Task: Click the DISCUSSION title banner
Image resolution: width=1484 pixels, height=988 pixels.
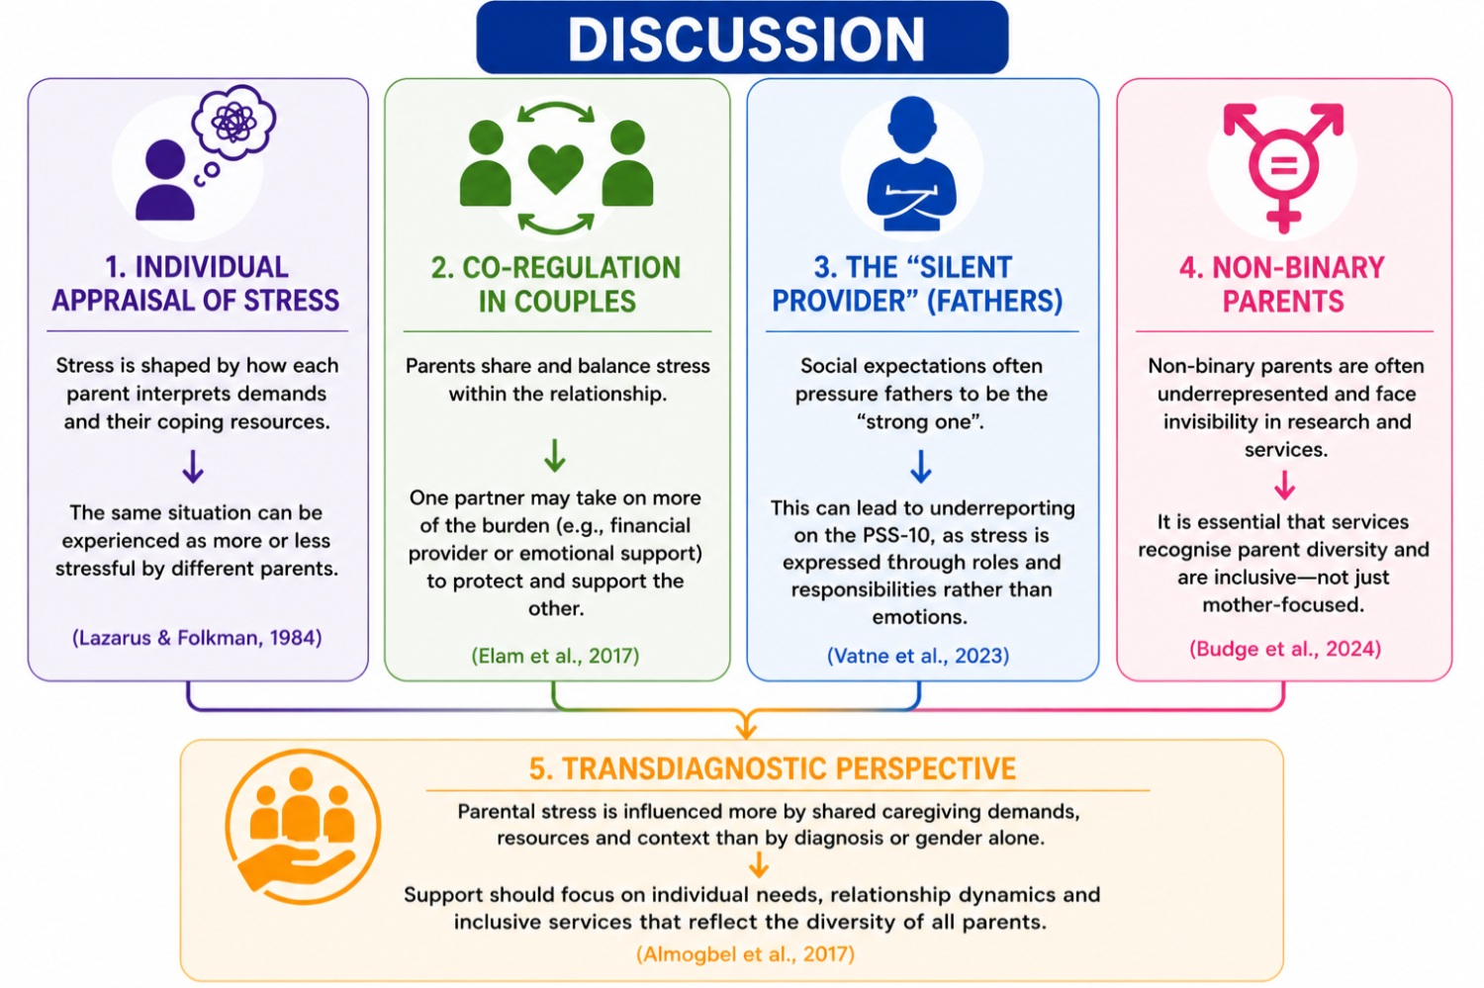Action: [x=742, y=37]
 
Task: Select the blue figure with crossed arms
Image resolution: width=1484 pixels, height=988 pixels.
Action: [x=912, y=163]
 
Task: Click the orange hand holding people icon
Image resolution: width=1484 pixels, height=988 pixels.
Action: [x=303, y=827]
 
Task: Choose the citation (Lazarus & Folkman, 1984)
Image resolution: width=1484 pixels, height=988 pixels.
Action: [x=197, y=638]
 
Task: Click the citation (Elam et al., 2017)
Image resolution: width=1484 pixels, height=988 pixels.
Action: [x=555, y=656]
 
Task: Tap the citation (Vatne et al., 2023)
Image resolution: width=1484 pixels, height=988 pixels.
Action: [x=918, y=656]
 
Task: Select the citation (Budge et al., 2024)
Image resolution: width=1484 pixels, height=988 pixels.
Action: [x=1285, y=649]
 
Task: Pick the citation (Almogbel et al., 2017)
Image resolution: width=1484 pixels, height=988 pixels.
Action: [x=745, y=954]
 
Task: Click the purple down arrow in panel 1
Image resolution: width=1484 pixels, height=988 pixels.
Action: [x=193, y=466]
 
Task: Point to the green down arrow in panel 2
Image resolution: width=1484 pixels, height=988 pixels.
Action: [x=555, y=456]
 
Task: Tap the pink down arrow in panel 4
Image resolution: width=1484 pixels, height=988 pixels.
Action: [x=1284, y=485]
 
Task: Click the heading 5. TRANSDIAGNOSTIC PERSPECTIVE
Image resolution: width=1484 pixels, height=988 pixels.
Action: [x=772, y=768]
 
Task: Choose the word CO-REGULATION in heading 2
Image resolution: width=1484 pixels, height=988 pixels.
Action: [x=571, y=268]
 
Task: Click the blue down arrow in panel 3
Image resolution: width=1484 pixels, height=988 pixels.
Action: [x=921, y=466]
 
